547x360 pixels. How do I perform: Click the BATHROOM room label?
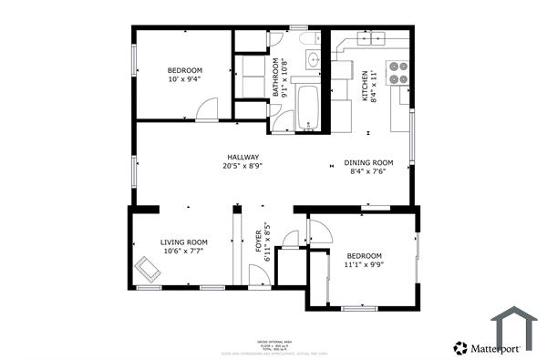(274, 78)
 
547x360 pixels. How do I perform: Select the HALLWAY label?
(243, 157)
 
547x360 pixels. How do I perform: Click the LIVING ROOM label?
(184, 242)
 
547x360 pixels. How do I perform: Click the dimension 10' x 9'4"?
(184, 79)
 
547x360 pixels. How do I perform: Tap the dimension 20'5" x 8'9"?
(243, 166)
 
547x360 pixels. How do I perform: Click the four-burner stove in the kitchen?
(397, 72)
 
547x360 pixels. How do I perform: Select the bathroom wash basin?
(312, 60)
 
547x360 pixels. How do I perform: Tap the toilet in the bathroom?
(307, 38)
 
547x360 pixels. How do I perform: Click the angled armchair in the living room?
(146, 269)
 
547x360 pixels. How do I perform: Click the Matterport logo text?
(495, 347)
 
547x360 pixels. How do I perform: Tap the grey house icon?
(514, 329)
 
